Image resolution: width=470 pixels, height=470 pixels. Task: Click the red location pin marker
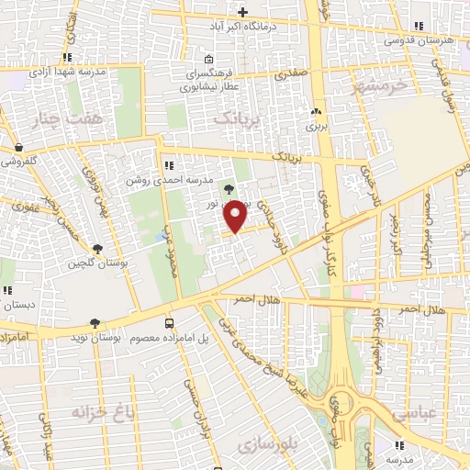click(236, 217)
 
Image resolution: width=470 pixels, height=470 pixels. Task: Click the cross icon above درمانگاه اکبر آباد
click(242, 12)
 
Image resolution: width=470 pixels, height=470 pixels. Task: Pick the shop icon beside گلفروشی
click(18, 146)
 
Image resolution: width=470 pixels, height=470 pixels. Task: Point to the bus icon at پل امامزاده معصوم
click(169, 323)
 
